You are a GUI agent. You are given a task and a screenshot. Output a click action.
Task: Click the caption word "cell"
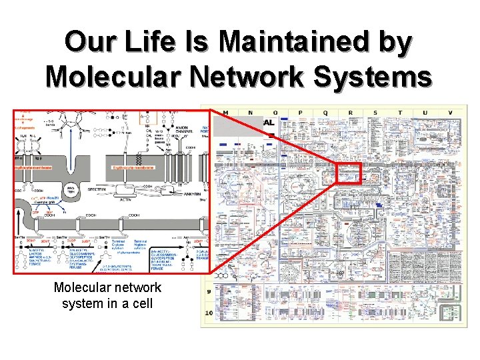click(141, 303)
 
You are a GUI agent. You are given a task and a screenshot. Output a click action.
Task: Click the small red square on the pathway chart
click(348, 173)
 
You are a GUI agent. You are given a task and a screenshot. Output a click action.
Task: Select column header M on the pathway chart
click(225, 112)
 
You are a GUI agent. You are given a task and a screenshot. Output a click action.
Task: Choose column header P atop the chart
click(300, 112)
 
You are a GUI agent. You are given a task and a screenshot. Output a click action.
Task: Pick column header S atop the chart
click(375, 112)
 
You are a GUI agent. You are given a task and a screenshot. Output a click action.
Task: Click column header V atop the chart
click(451, 112)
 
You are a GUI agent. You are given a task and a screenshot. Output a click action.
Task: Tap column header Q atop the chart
click(325, 112)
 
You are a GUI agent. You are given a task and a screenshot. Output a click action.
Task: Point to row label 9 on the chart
click(209, 291)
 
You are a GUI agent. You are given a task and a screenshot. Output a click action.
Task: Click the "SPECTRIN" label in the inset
click(102, 189)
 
